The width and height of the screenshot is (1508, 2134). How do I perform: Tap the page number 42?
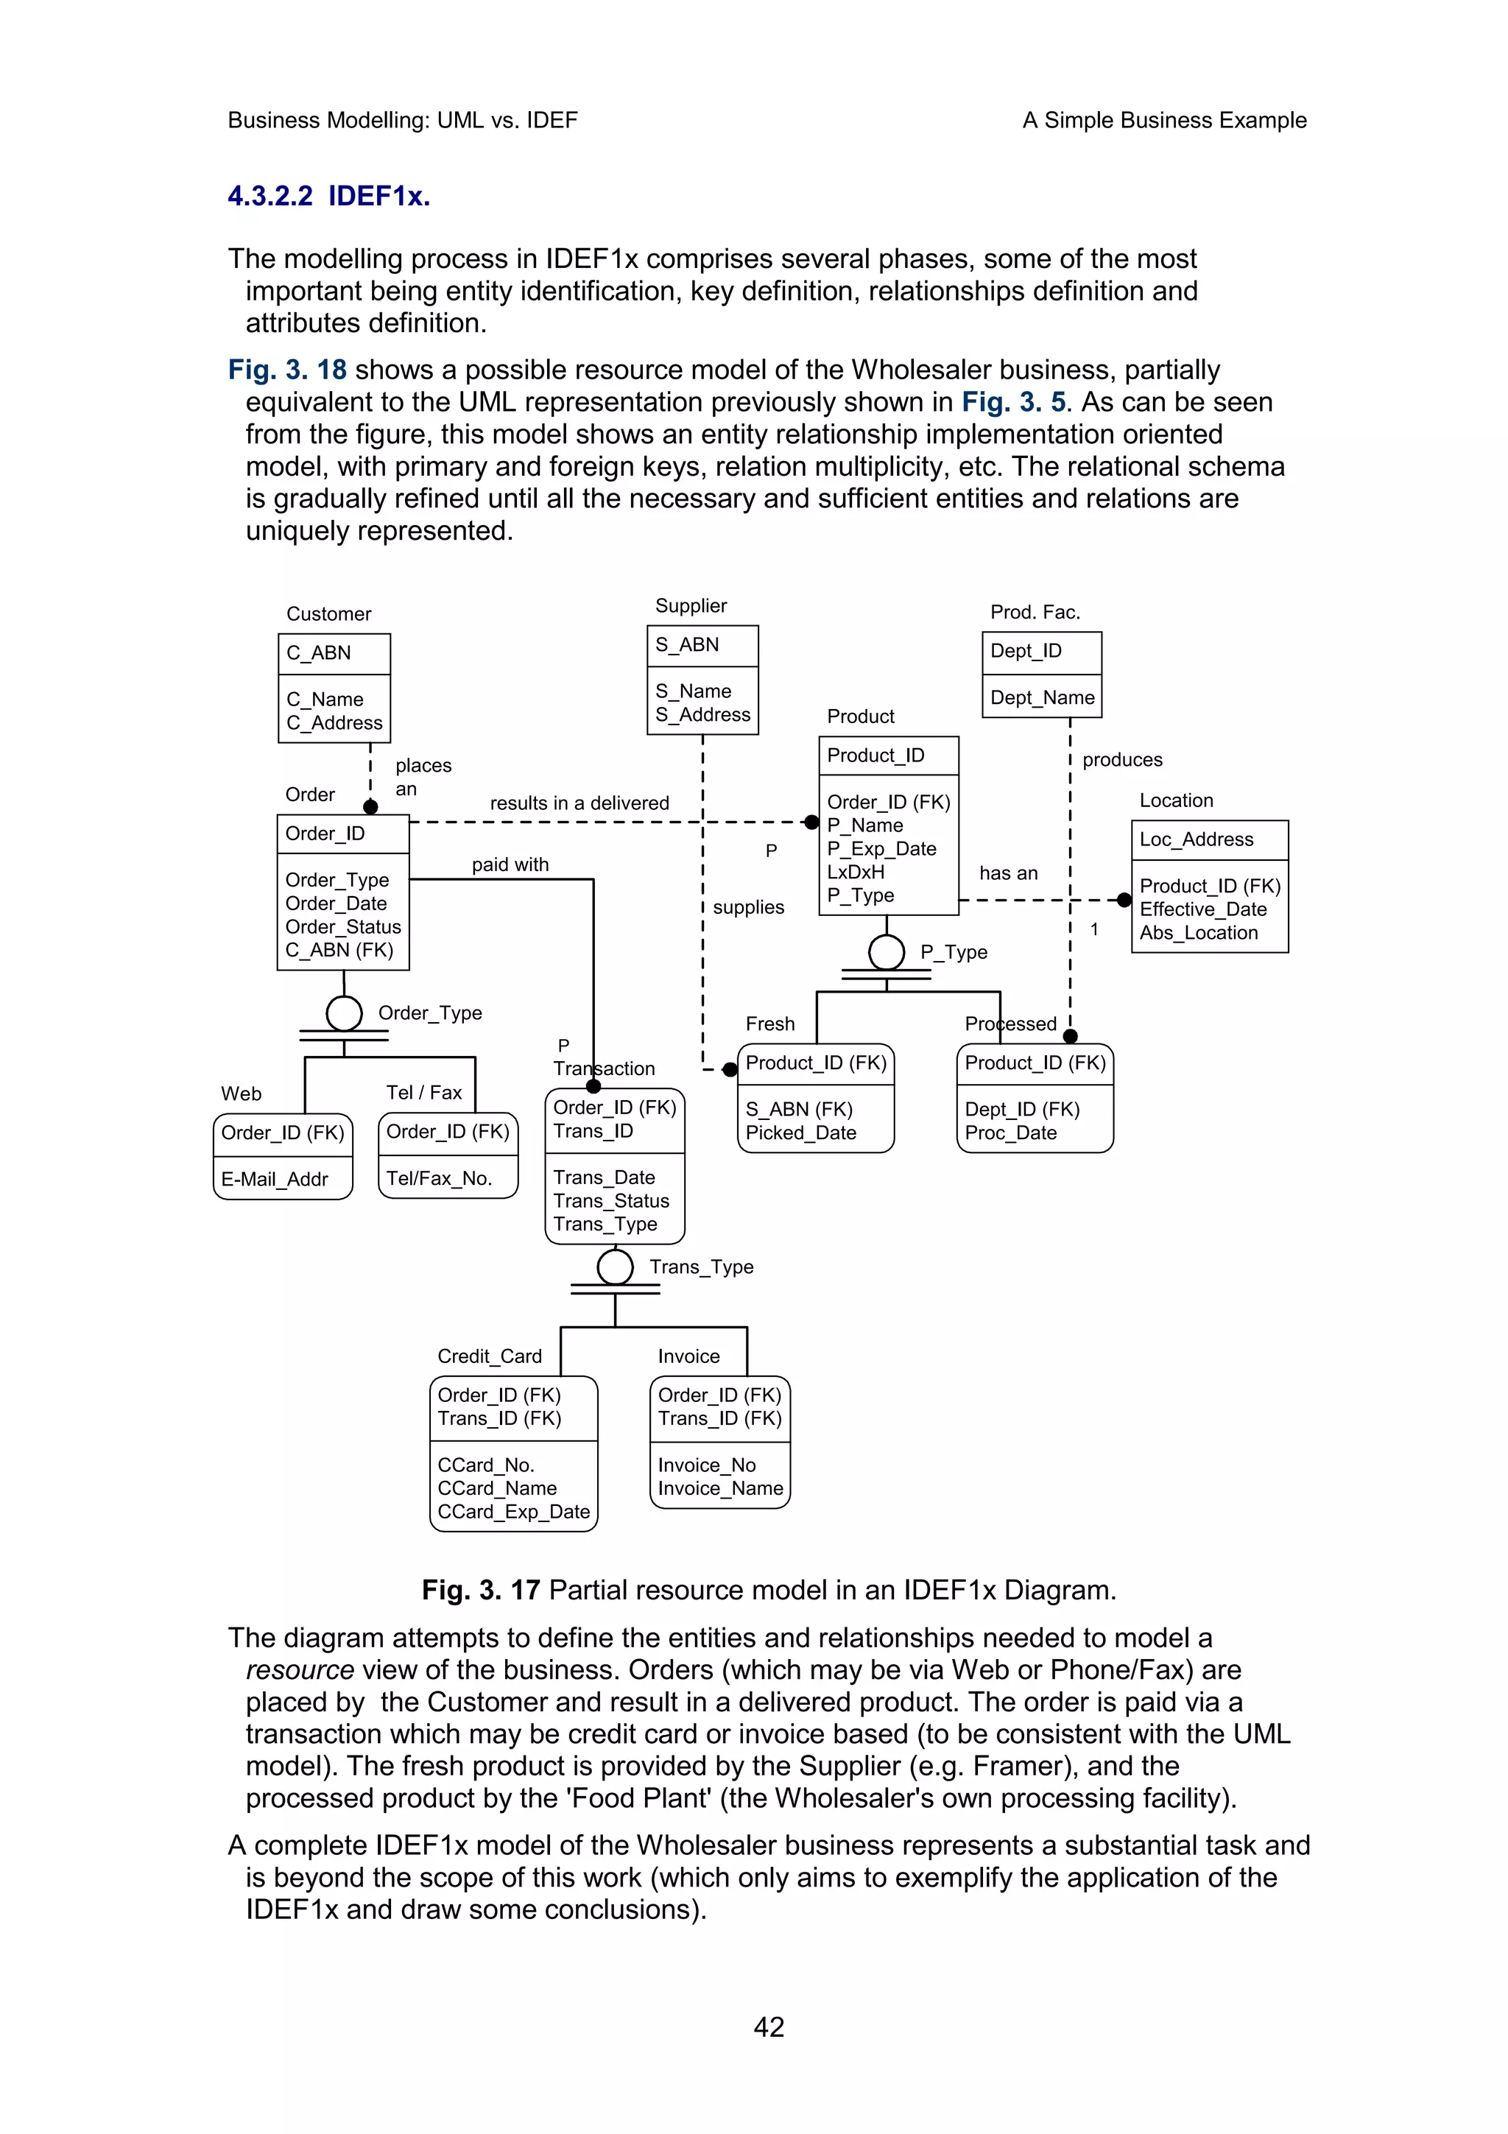pyautogui.click(x=769, y=2027)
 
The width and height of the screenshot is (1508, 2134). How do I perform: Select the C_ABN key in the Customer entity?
pyautogui.click(x=319, y=652)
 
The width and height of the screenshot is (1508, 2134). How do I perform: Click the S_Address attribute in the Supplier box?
pyautogui.click(x=702, y=715)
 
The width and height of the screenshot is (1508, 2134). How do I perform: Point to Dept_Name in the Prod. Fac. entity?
pyautogui.click(x=1042, y=697)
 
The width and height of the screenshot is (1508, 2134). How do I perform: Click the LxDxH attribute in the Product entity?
pyautogui.click(x=855, y=872)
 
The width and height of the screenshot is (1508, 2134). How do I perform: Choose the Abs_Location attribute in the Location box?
pyautogui.click(x=1199, y=933)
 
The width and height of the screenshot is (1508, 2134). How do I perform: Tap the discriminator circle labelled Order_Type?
pyautogui.click(x=344, y=1013)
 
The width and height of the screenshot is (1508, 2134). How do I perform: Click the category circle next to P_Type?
pyautogui.click(x=887, y=951)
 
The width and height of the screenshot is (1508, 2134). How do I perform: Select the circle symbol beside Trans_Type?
pyautogui.click(x=615, y=1267)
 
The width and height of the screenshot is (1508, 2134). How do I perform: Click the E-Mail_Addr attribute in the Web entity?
pyautogui.click(x=274, y=1180)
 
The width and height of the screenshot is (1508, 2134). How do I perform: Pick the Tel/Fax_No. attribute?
pyautogui.click(x=439, y=1178)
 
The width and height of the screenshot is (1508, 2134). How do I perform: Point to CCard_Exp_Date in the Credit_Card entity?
pyautogui.click(x=513, y=1513)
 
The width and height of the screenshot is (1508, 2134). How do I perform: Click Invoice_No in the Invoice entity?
pyautogui.click(x=706, y=1465)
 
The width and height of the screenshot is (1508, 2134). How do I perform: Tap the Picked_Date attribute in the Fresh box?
pyautogui.click(x=800, y=1133)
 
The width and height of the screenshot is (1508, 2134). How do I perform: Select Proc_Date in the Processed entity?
pyautogui.click(x=1010, y=1133)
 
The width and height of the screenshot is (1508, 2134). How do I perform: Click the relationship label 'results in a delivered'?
pyautogui.click(x=579, y=803)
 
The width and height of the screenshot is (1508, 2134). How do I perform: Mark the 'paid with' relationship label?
pyautogui.click(x=510, y=864)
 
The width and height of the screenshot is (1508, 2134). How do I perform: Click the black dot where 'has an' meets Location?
pyautogui.click(x=1124, y=900)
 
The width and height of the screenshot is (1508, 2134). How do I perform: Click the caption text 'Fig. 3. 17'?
pyautogui.click(x=480, y=1591)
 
